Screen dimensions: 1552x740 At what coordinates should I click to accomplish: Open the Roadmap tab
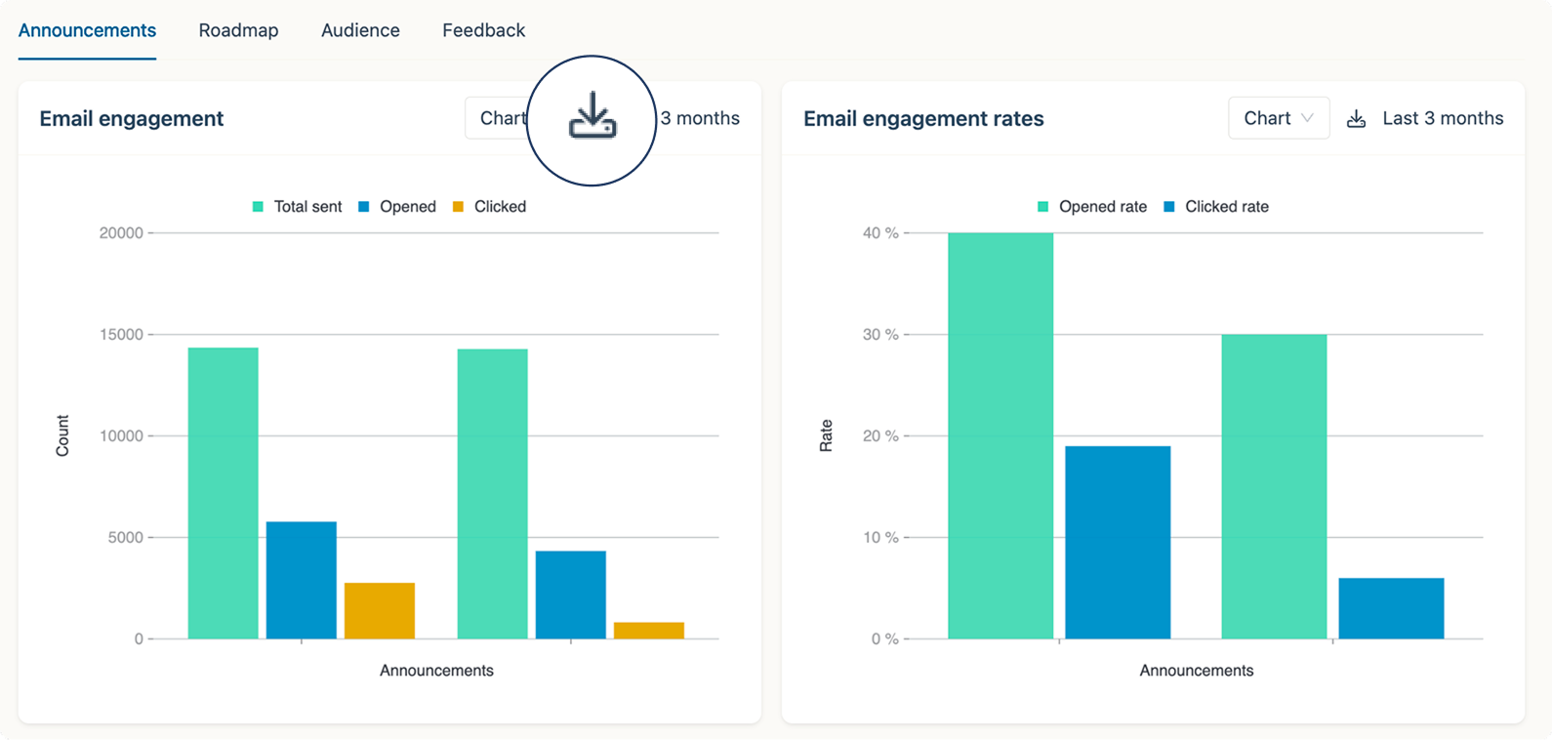pyautogui.click(x=238, y=30)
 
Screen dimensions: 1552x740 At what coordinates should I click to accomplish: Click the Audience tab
pyautogui.click(x=360, y=30)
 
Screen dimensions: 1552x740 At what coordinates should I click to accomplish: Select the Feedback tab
pyautogui.click(x=483, y=30)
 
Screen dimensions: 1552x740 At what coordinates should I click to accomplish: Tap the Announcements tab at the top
pyautogui.click(x=87, y=30)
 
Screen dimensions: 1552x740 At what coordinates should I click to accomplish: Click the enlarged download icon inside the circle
pyautogui.click(x=592, y=116)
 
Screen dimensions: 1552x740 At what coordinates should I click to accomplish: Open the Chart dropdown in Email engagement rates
pyautogui.click(x=1279, y=118)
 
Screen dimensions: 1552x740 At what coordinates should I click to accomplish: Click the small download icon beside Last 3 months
pyautogui.click(x=1356, y=118)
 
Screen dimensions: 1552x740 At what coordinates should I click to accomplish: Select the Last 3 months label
pyautogui.click(x=1444, y=118)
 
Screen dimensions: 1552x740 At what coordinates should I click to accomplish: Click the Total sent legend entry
pyautogui.click(x=298, y=207)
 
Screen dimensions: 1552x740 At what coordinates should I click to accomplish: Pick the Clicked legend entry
pyautogui.click(x=489, y=207)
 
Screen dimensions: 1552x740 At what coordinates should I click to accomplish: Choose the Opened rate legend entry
pyautogui.click(x=1092, y=207)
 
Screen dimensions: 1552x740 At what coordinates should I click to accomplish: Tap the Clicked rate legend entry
pyautogui.click(x=1216, y=207)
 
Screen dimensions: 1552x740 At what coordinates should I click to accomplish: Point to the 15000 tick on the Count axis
pyautogui.click(x=121, y=335)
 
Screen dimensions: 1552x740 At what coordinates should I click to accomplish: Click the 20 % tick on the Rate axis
pyautogui.click(x=880, y=435)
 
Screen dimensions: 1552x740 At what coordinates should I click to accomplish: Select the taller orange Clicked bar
pyautogui.click(x=380, y=610)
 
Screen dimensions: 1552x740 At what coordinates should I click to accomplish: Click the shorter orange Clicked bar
pyautogui.click(x=648, y=631)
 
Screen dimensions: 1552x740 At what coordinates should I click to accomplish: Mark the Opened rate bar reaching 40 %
pyautogui.click(x=1001, y=435)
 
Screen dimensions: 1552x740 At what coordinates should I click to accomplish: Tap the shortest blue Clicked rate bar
pyautogui.click(x=1391, y=608)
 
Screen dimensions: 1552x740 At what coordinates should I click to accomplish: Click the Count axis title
pyautogui.click(x=62, y=435)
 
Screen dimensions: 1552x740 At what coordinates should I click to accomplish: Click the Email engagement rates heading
pyautogui.click(x=923, y=118)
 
